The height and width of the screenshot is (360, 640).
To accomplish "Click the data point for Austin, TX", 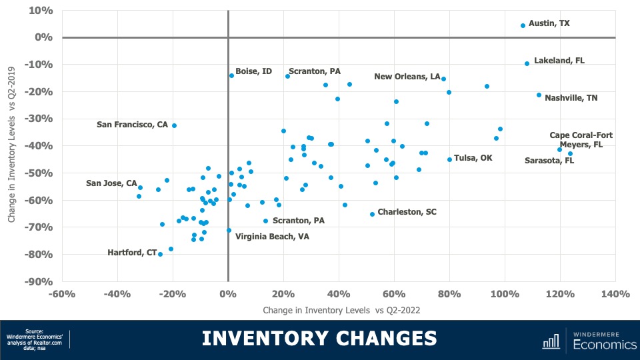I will point(523,26).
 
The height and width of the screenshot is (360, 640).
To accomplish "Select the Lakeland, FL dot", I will point(527,63).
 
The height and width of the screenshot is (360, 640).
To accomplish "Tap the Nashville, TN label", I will point(571,98).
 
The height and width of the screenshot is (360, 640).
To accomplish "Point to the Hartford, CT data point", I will point(160,254).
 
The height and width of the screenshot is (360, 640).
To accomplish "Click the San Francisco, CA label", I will point(132,125).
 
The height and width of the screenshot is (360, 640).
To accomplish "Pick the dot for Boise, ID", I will point(231,75).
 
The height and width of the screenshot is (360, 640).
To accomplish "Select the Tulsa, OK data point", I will point(449,159).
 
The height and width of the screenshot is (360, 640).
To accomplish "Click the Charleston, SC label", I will point(407,212).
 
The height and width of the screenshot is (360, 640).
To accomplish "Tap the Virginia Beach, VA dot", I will point(229,231).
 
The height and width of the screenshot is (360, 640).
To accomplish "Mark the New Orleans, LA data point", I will point(443,79).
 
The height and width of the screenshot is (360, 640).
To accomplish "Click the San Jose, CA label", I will point(111,183).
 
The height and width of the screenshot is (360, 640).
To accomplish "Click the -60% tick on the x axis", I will point(62,294).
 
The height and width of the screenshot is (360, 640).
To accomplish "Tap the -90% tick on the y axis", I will point(40,282).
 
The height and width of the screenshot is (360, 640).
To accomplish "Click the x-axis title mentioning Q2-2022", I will point(341,310).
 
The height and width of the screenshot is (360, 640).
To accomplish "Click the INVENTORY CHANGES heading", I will point(319,338).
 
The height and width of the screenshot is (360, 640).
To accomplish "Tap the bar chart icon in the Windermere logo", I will point(551,341).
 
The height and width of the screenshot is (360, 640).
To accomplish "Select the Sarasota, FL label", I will point(549,161).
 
